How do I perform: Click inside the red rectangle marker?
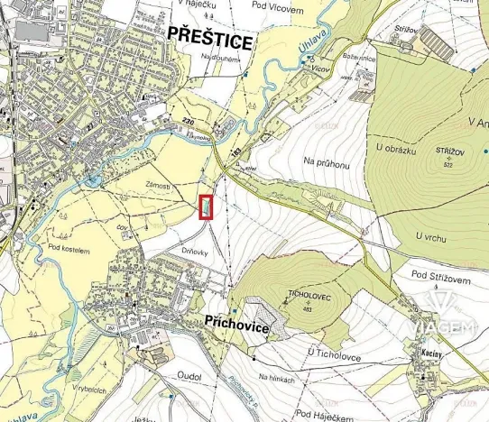pos(207,206)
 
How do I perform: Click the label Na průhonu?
pos(326,162)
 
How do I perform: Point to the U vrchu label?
pos(432,235)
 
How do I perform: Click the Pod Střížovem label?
pos(441,274)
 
